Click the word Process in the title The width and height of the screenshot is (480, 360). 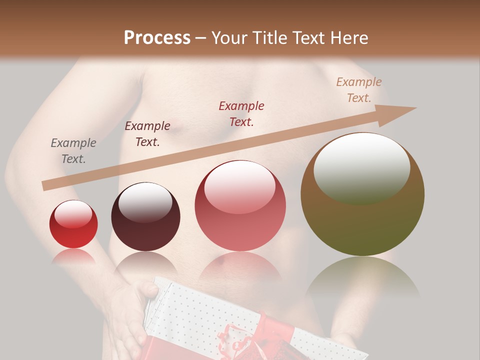coord(157,38)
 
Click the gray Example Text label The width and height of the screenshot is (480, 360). coord(73,151)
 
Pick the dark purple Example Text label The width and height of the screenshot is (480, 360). coord(147,134)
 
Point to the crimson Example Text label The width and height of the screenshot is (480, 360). coord(241,113)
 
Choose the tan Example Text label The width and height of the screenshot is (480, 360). coord(359,90)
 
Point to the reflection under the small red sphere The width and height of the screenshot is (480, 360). coord(73,256)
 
